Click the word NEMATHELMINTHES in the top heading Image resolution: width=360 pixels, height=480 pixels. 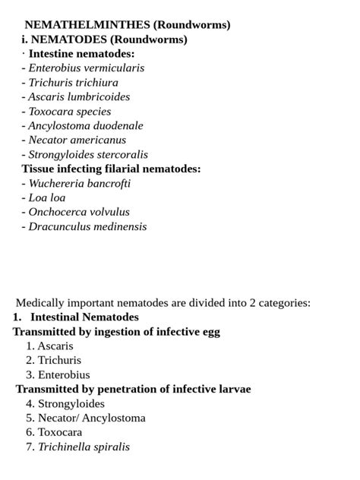point(87,25)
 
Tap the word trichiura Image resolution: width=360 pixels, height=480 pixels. point(96,83)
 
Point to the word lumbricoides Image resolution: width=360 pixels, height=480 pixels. point(99,97)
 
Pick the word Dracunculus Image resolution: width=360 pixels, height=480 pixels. point(59,227)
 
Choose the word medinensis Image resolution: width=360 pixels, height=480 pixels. point(120,227)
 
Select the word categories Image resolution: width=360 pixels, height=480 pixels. point(282,303)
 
